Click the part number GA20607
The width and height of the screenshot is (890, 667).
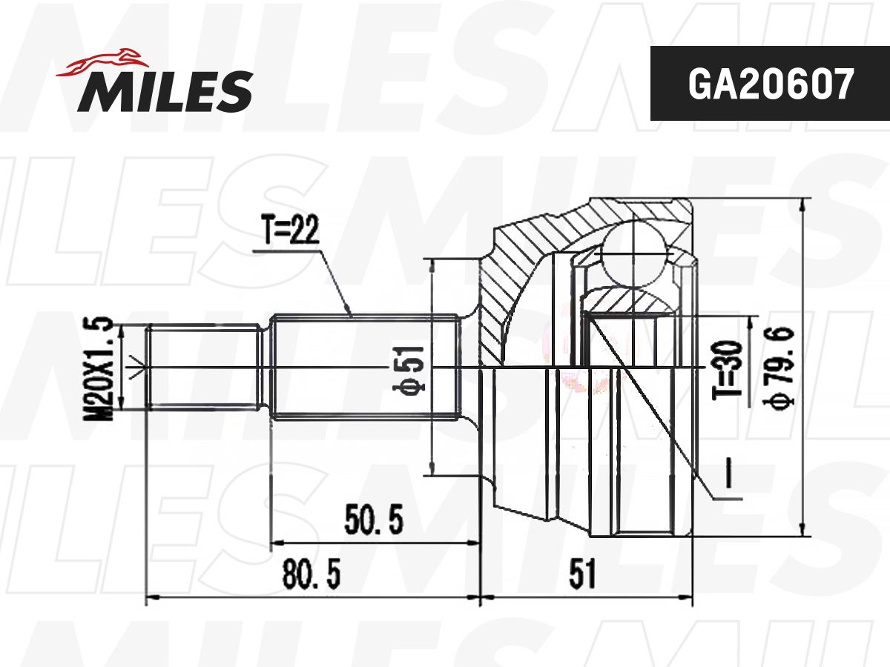[770, 84]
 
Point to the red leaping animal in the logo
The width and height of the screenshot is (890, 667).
[104, 62]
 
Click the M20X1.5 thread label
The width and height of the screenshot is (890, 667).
[99, 368]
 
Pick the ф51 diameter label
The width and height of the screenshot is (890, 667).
[413, 368]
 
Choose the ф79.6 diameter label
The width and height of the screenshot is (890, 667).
[782, 368]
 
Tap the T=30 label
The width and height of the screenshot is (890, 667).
[728, 369]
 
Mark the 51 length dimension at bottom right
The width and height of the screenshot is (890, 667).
[583, 574]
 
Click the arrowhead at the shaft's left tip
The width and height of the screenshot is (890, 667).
[135, 367]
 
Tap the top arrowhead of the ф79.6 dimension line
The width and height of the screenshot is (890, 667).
[804, 204]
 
